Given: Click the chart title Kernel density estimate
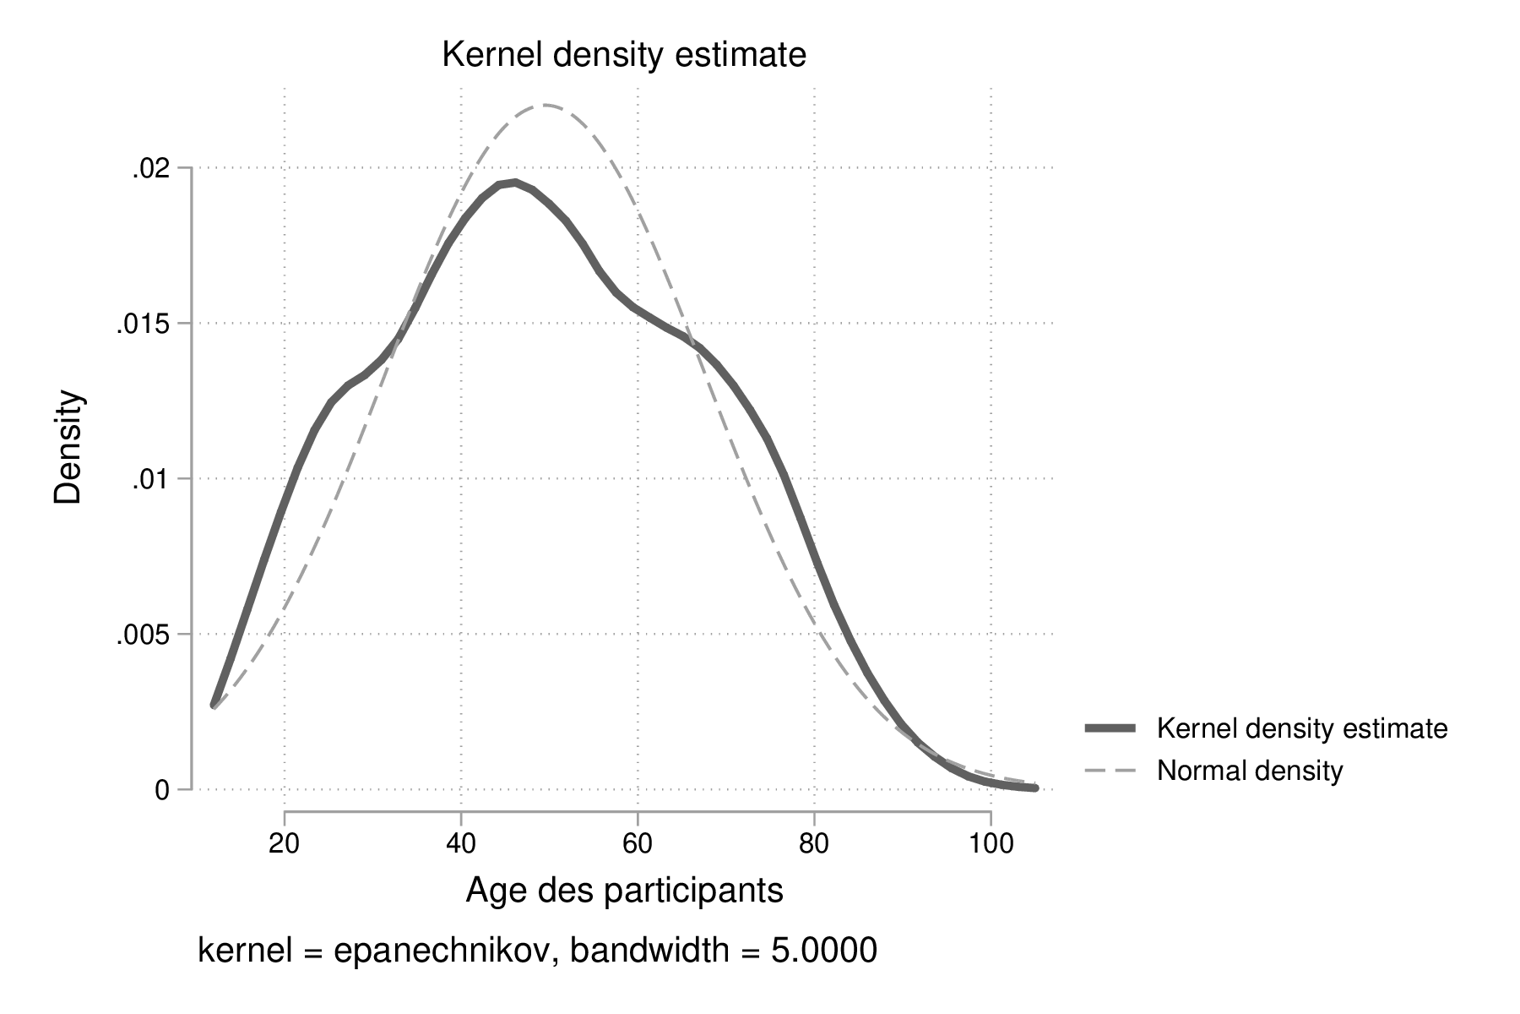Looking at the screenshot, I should point(624,56).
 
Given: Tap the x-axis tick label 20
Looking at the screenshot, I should point(285,844).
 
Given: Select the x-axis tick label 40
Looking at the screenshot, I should point(461,844).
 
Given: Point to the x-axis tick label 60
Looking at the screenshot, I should point(638,844).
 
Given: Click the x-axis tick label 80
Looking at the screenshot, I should point(814,844).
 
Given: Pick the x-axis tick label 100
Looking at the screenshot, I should point(990,844).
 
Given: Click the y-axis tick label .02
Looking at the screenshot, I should point(150,168).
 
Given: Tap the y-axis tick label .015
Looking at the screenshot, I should point(142,324).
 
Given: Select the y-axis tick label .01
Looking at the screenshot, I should point(150,479).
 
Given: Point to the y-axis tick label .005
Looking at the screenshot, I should point(142,635).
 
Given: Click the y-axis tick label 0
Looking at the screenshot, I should point(161,790).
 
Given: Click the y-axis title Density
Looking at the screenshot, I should point(69,447).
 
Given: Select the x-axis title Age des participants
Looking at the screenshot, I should point(624,891).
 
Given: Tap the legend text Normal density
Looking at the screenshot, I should point(1249,771).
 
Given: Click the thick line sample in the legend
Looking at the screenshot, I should point(1110,728).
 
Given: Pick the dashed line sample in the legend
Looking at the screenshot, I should point(1110,771).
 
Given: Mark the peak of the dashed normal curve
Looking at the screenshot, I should point(547,105).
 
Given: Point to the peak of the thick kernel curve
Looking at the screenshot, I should point(513,183).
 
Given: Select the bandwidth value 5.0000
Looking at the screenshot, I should point(823,951).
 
